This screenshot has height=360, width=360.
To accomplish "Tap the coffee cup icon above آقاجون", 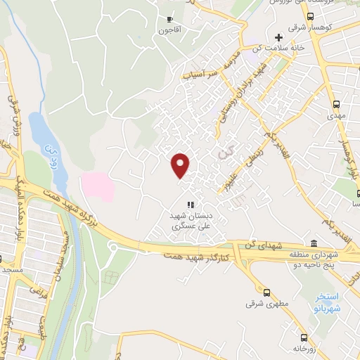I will coord(169,19).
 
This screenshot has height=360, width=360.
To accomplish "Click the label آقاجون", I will coord(169,30).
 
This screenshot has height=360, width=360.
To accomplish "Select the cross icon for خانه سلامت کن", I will coord(279,37).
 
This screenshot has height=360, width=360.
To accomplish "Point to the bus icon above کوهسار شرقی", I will coord(311,15).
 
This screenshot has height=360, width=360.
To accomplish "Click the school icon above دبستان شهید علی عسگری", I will coord(189,205).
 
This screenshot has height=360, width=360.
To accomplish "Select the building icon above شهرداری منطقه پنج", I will coord(314,242).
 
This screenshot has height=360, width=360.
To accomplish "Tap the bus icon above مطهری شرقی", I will coord(266,292).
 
